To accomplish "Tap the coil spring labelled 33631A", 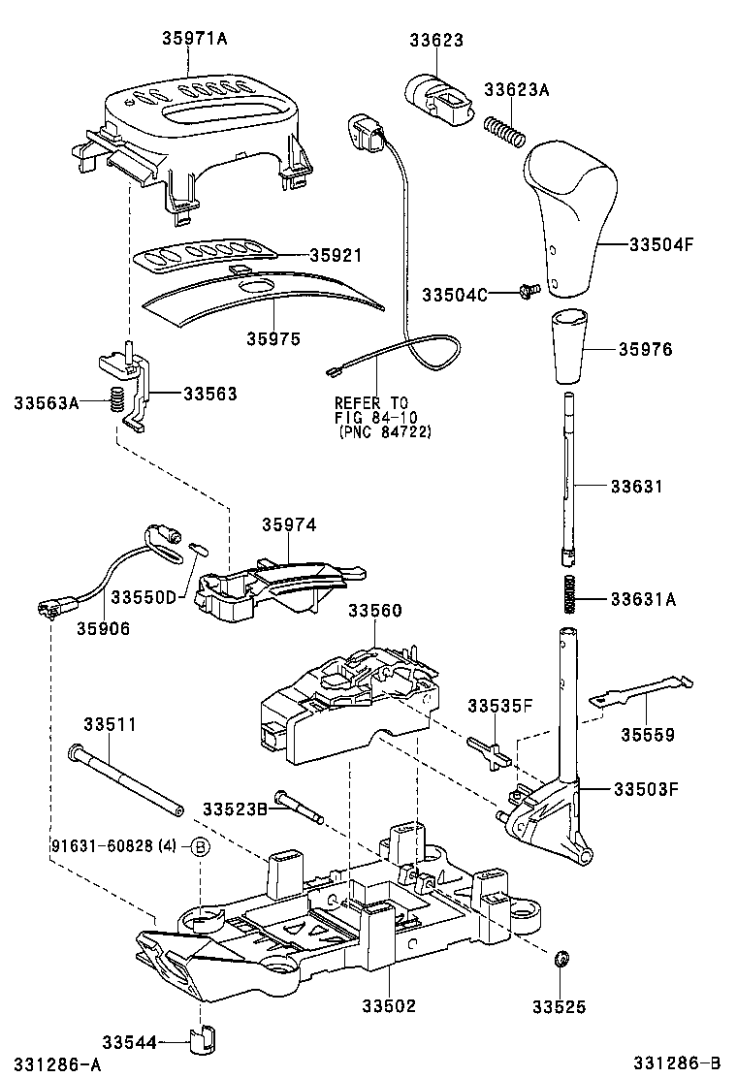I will [x=571, y=594].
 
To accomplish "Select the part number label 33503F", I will [x=645, y=788].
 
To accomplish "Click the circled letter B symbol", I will [x=198, y=847].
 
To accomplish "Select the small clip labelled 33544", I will [x=204, y=1041].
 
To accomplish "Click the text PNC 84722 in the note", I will [x=385, y=431].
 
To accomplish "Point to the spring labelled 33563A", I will [x=115, y=399].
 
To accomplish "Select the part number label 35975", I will [x=272, y=338].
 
